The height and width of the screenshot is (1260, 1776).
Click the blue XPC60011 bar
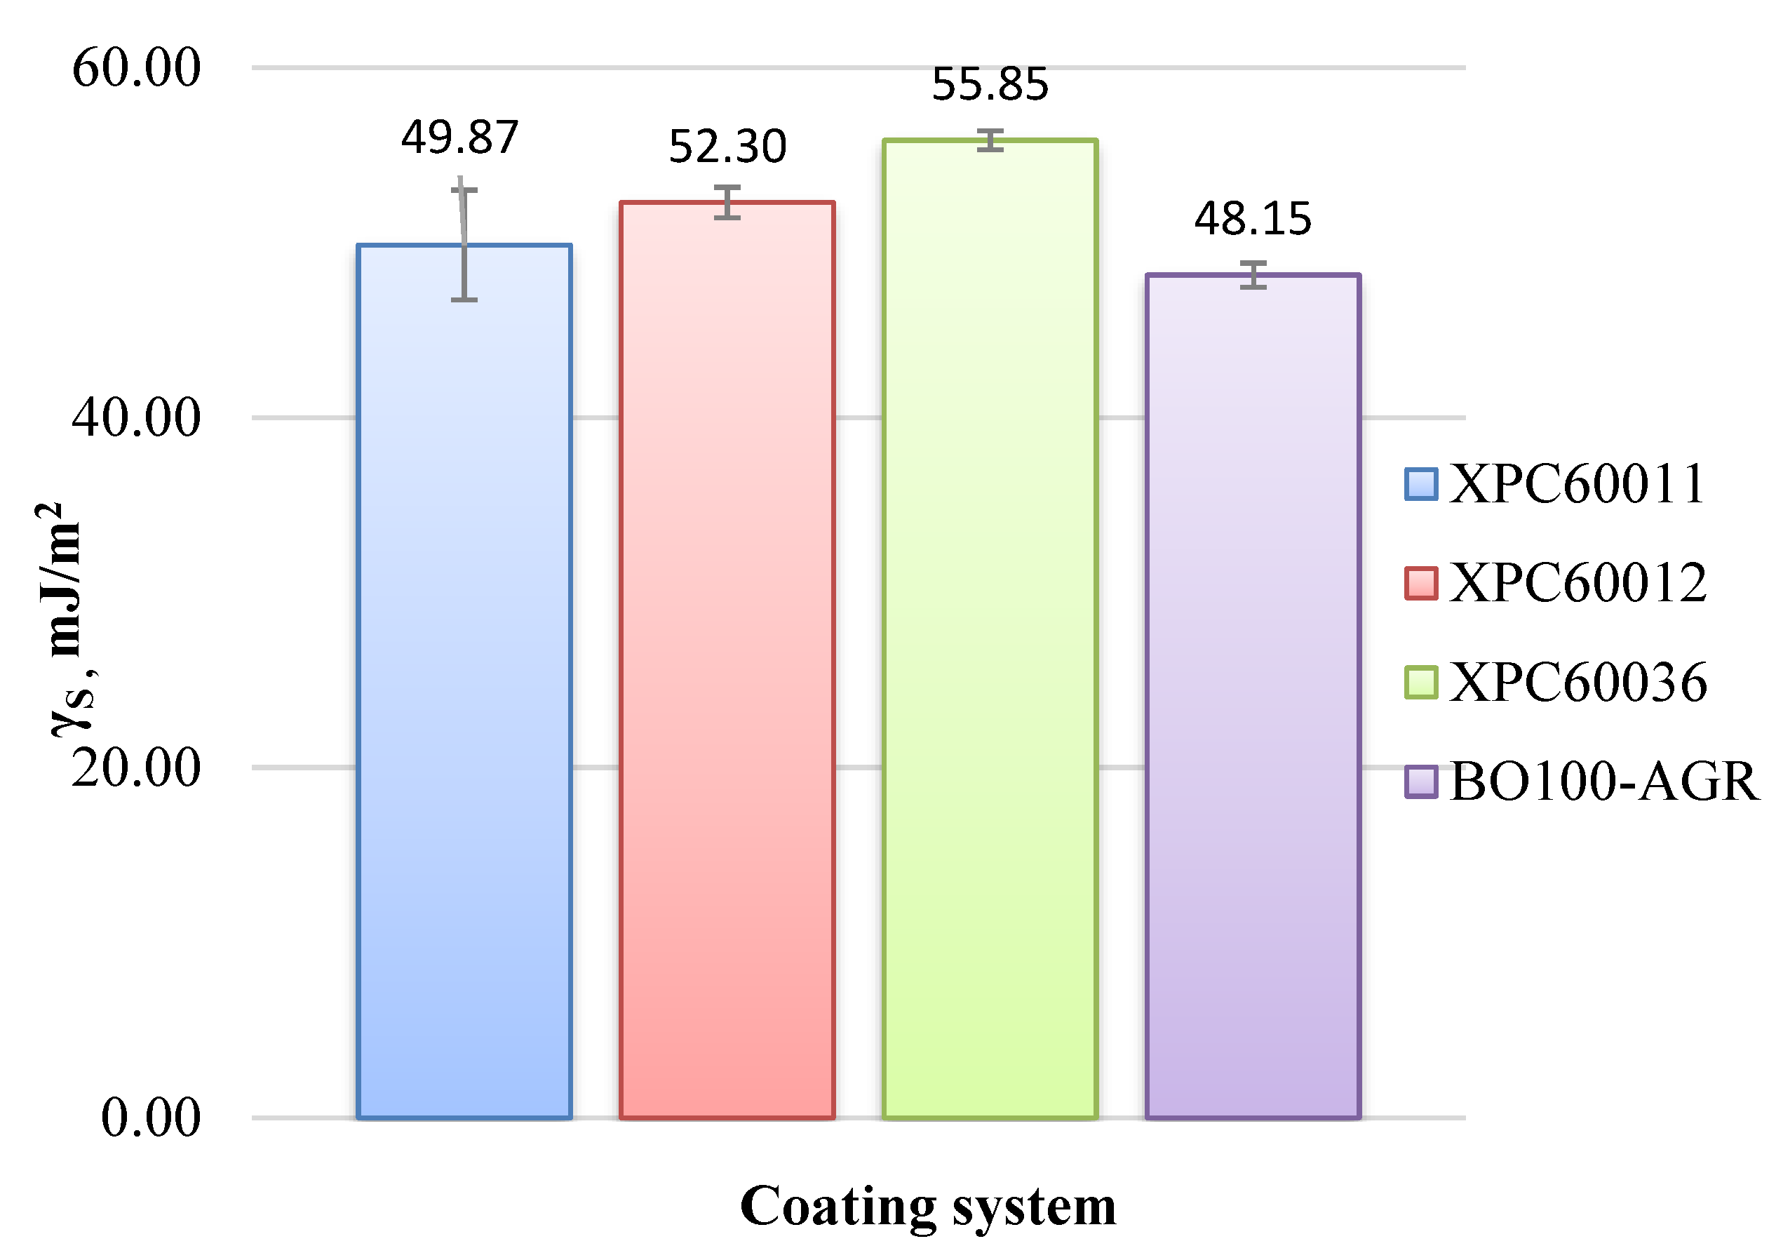pyautogui.click(x=464, y=683)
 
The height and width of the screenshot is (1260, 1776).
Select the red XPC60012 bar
pyautogui.click(x=727, y=659)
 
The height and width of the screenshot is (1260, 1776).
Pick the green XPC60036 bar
pyautogui.click(x=990, y=629)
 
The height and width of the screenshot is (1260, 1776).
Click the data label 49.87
pyautogui.click(x=459, y=138)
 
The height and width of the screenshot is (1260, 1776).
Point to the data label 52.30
pyautogui.click(x=727, y=147)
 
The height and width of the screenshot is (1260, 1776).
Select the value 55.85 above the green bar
pyautogui.click(x=990, y=83)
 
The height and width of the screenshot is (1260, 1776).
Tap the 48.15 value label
pyautogui.click(x=1253, y=219)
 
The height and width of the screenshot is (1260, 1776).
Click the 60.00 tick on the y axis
pyautogui.click(x=137, y=67)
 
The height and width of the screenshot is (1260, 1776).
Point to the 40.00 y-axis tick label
pyautogui.click(x=137, y=417)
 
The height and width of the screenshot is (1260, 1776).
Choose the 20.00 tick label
pyautogui.click(x=137, y=768)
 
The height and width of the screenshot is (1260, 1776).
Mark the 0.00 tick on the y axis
pyautogui.click(x=152, y=1119)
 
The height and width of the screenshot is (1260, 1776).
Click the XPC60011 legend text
pyautogui.click(x=1577, y=484)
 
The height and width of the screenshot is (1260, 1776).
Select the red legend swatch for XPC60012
pyautogui.click(x=1421, y=584)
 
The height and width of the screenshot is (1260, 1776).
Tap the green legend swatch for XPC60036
pyautogui.click(x=1421, y=683)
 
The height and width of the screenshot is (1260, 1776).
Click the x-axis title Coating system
pyautogui.click(x=927, y=1207)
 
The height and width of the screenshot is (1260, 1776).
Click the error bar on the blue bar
pyautogui.click(x=464, y=243)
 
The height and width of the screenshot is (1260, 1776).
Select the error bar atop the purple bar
pyautogui.click(x=1253, y=274)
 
